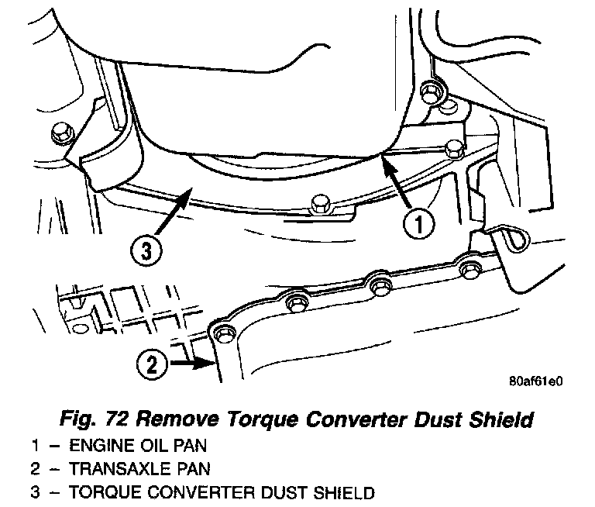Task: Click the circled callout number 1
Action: pos(416,226)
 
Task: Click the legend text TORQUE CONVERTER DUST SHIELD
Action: pos(210,491)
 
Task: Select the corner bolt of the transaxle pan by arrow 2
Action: pos(224,333)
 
